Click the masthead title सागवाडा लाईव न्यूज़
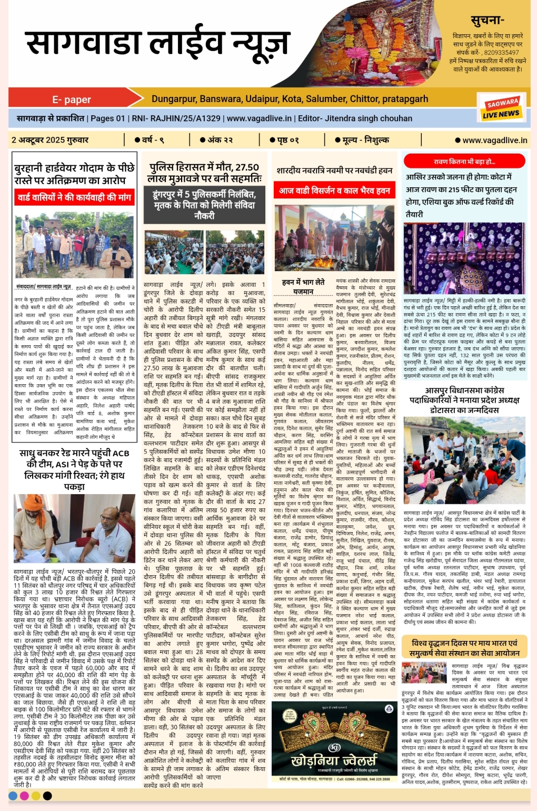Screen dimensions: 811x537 [158, 43]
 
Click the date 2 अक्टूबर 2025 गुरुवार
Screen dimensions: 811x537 [50, 140]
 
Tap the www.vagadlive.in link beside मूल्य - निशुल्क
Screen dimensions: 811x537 [494, 140]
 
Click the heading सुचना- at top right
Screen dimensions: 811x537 [487, 21]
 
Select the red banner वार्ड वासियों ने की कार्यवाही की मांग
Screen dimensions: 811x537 [74, 198]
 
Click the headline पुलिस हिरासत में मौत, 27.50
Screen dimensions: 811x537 [204, 167]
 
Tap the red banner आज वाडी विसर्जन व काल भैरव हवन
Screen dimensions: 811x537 [334, 191]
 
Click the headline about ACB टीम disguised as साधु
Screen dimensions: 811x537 [74, 469]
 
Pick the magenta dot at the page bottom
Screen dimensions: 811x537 [24, 795]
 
